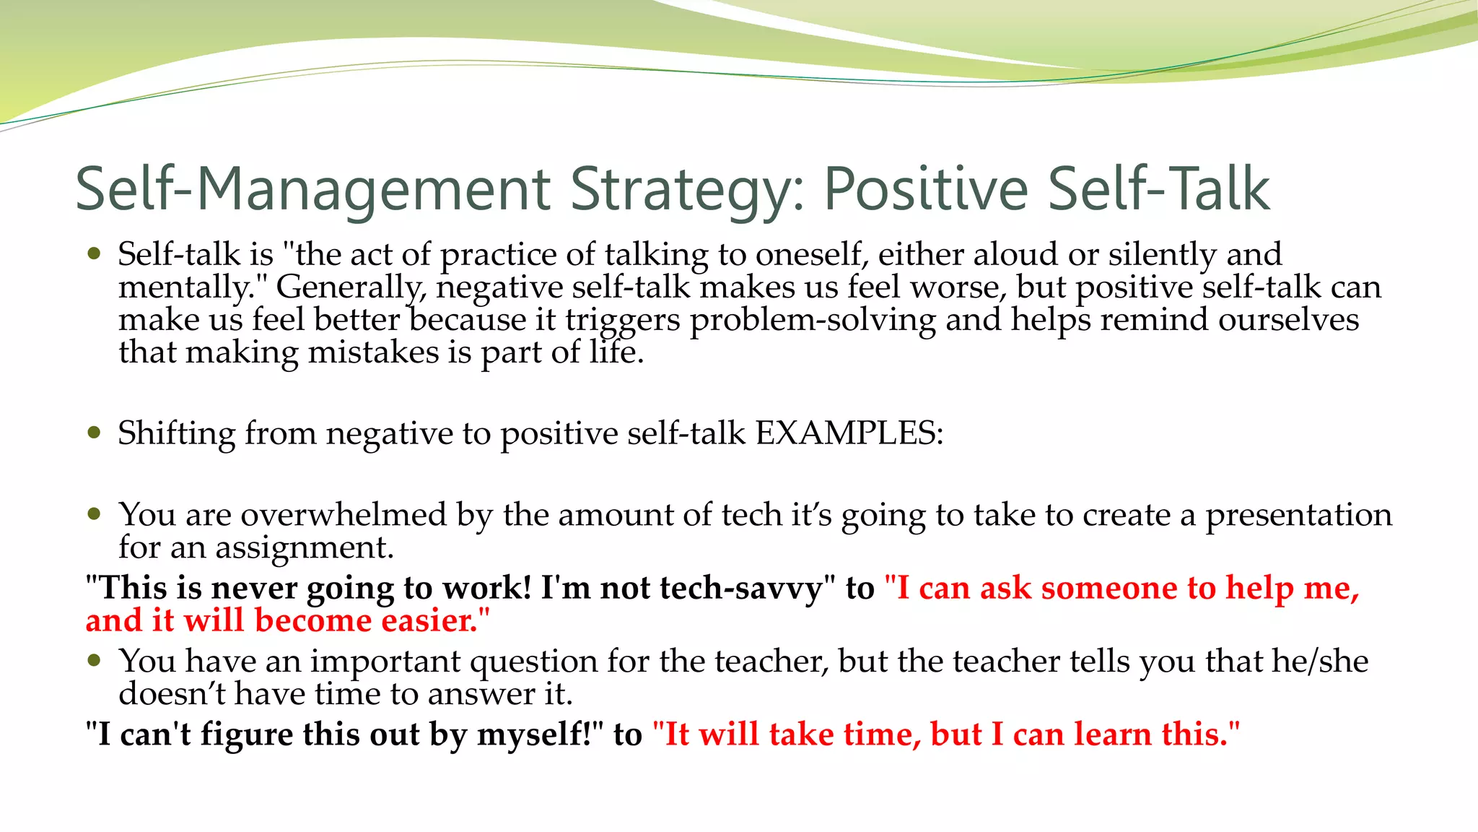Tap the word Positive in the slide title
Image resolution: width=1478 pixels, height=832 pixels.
point(925,189)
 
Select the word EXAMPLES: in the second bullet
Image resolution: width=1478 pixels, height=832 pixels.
point(849,433)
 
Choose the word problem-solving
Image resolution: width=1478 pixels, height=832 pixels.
point(813,320)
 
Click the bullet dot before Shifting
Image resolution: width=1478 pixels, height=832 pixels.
point(94,433)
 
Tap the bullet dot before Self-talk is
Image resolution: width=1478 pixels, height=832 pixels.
point(94,253)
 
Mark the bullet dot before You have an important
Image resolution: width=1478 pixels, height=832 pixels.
point(94,660)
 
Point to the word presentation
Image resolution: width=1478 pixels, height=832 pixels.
point(1298,515)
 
